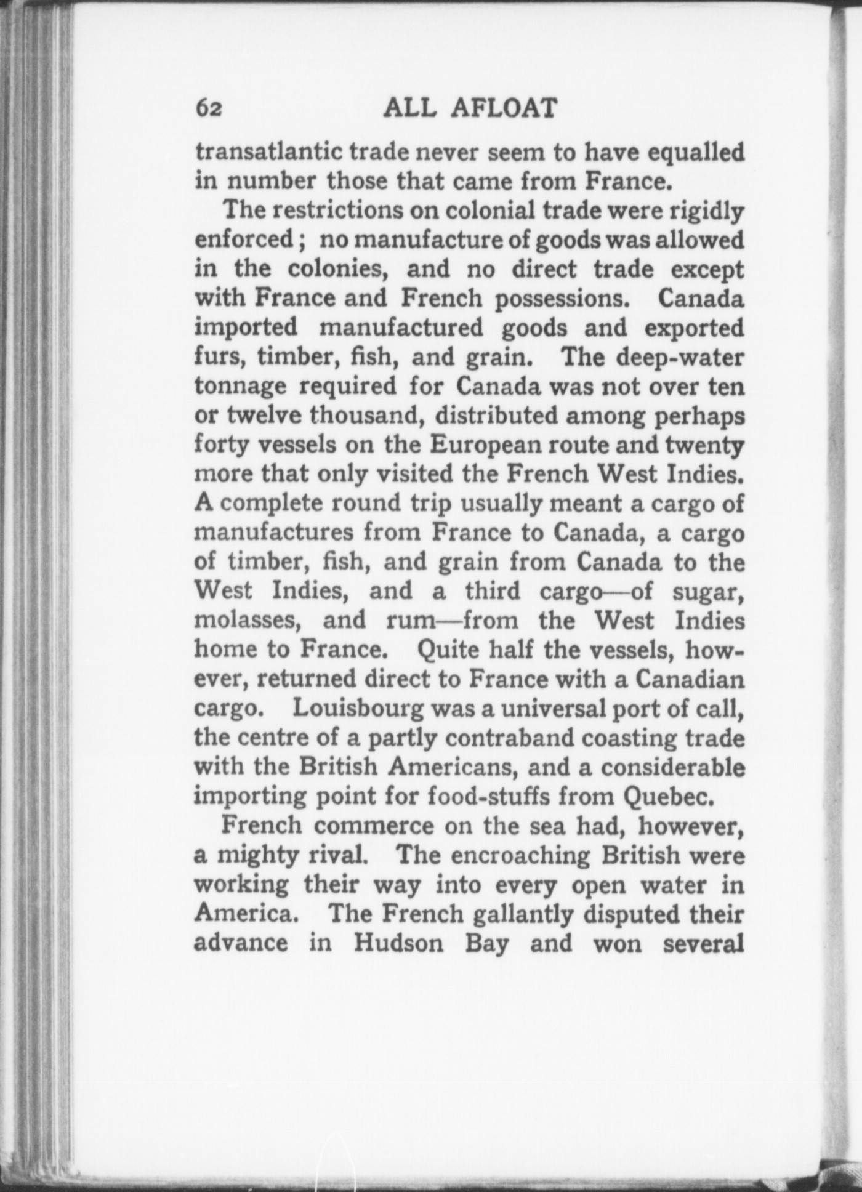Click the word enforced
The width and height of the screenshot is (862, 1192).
pos(244,240)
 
